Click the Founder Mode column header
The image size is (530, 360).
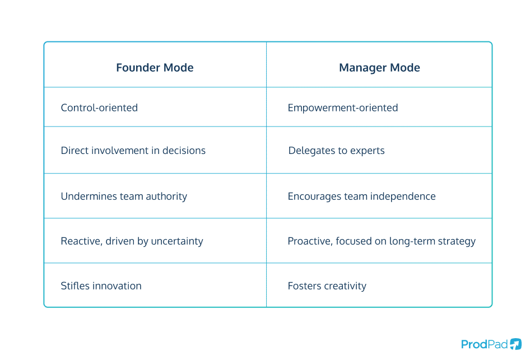(x=155, y=68)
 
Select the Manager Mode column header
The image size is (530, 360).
(x=379, y=68)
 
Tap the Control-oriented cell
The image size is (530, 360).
(x=99, y=107)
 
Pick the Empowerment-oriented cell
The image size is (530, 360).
(x=342, y=107)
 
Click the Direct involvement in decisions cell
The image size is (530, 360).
(x=133, y=151)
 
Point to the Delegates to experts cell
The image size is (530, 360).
(x=336, y=151)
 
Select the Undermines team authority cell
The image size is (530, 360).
(x=124, y=197)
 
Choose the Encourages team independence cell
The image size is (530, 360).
(x=361, y=197)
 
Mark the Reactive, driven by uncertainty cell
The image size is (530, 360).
(x=132, y=241)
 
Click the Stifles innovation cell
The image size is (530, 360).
(x=101, y=286)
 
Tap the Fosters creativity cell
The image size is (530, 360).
(x=327, y=286)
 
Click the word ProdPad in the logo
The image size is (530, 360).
(x=483, y=344)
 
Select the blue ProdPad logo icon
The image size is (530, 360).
(x=515, y=344)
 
